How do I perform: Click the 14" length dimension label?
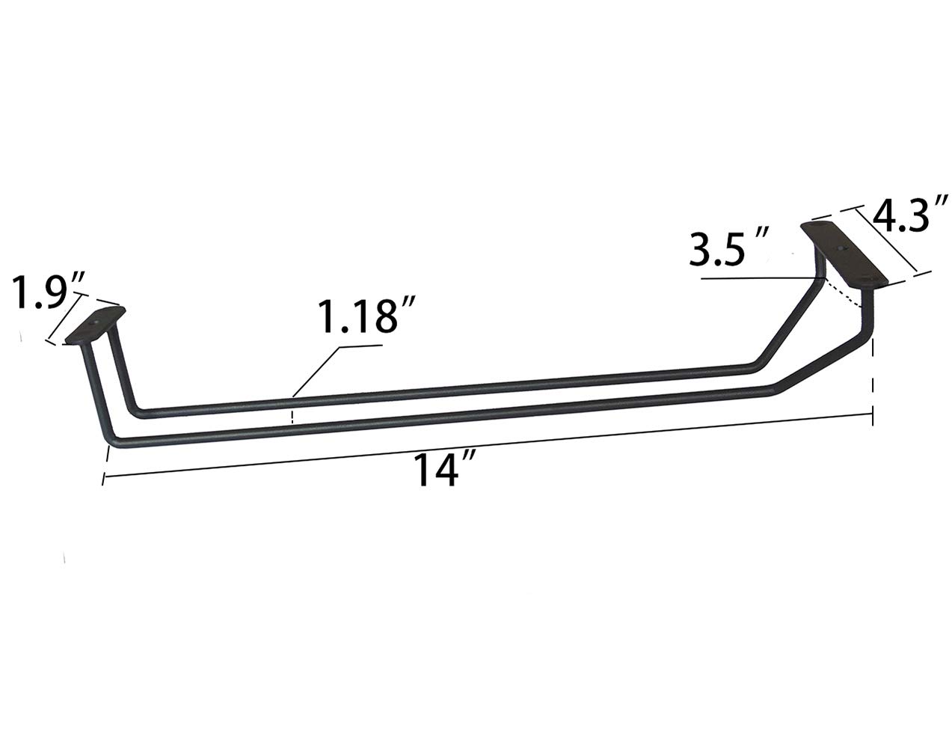443,471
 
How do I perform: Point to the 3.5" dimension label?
728,249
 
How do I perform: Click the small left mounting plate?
96,325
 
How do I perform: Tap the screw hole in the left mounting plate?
93,322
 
